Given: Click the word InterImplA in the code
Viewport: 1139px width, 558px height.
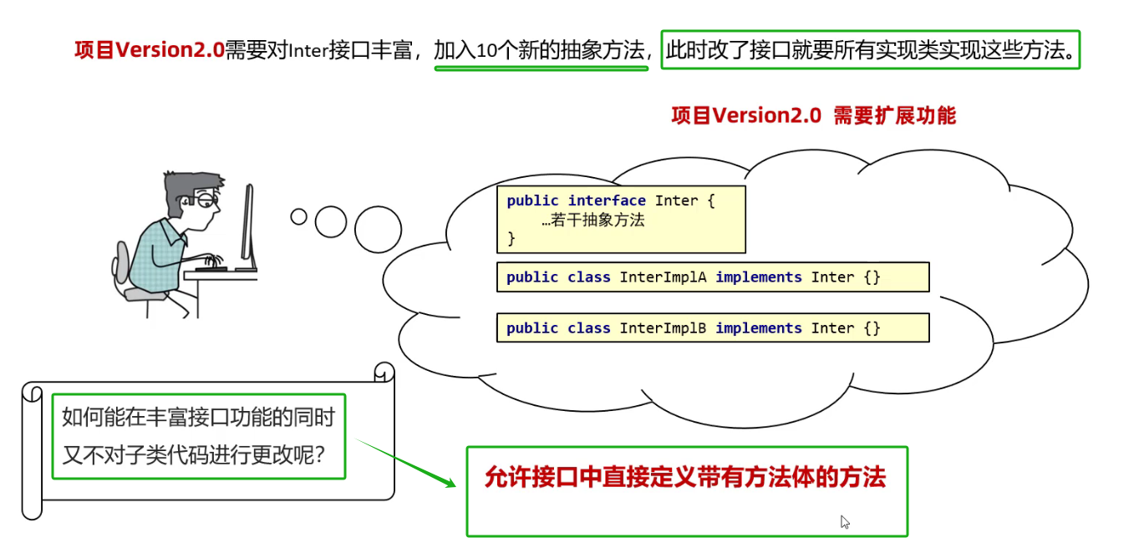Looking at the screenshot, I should tap(664, 277).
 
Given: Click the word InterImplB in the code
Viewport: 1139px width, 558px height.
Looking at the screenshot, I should tap(664, 328).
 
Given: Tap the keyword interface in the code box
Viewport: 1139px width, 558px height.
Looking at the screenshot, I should tap(607, 200).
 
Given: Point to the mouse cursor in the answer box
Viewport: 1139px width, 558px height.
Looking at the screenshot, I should tap(845, 522).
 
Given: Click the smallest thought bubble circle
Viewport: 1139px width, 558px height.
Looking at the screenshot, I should tap(298, 216).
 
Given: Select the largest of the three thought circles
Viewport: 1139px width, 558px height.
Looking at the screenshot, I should tap(378, 229).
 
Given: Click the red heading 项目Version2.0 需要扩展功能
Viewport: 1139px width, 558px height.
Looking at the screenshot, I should tap(813, 116).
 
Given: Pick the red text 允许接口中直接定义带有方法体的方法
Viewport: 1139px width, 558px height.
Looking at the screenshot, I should tap(684, 478).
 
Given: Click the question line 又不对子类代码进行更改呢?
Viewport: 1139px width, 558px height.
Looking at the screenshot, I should tap(194, 456).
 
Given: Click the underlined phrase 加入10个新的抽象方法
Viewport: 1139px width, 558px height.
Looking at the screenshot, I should tap(540, 51).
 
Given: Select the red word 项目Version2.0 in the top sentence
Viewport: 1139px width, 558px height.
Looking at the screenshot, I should tap(149, 51).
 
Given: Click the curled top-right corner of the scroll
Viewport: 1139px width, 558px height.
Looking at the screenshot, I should tap(384, 372).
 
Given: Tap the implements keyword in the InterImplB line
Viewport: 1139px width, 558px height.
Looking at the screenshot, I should tap(758, 328).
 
